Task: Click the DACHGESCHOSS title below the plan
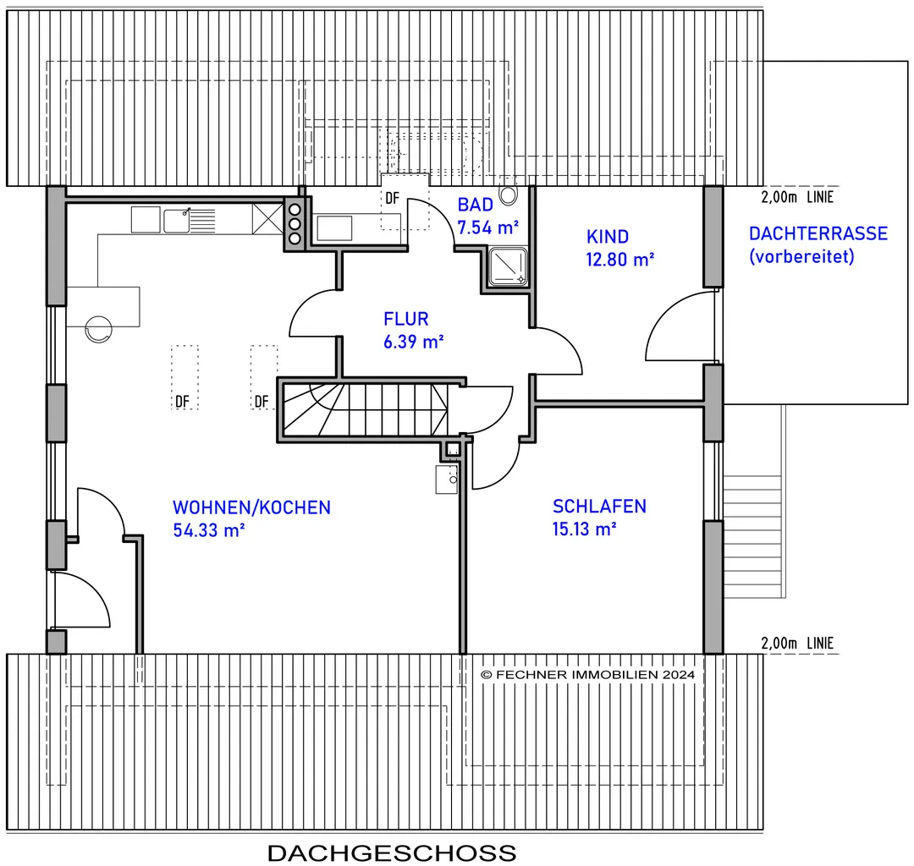(x=392, y=853)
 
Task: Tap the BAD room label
(x=475, y=205)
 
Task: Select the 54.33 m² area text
(x=209, y=530)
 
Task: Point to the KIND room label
(x=608, y=237)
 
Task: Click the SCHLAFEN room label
(x=599, y=506)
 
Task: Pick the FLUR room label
(x=405, y=319)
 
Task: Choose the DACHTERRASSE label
(x=818, y=233)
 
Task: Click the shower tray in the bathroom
(x=507, y=266)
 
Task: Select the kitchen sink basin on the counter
(x=176, y=221)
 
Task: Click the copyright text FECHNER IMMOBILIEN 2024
(x=587, y=674)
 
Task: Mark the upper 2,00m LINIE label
(x=797, y=197)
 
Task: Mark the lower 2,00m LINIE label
(x=797, y=643)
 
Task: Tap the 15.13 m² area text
(x=584, y=529)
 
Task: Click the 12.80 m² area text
(x=619, y=259)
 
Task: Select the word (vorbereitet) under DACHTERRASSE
(x=801, y=256)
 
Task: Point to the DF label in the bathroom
(x=393, y=198)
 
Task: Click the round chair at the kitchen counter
(x=98, y=329)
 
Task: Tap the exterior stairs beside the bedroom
(x=752, y=536)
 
